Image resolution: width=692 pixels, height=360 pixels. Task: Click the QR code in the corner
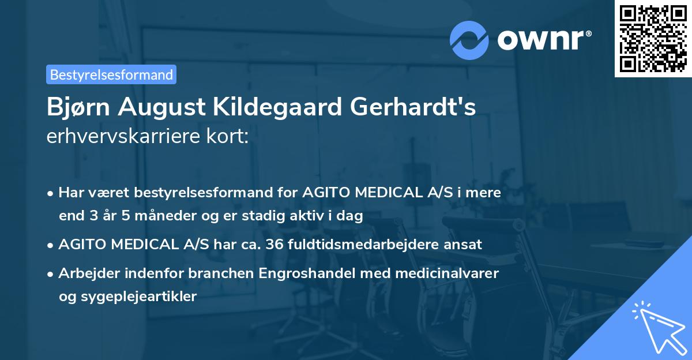pyautogui.click(x=653, y=38)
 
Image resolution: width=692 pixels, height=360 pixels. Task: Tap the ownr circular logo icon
pyautogui.click(x=469, y=40)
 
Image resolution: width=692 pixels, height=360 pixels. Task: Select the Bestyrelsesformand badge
pyautogui.click(x=111, y=74)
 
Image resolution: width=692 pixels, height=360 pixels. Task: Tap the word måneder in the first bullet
pyautogui.click(x=133, y=216)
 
